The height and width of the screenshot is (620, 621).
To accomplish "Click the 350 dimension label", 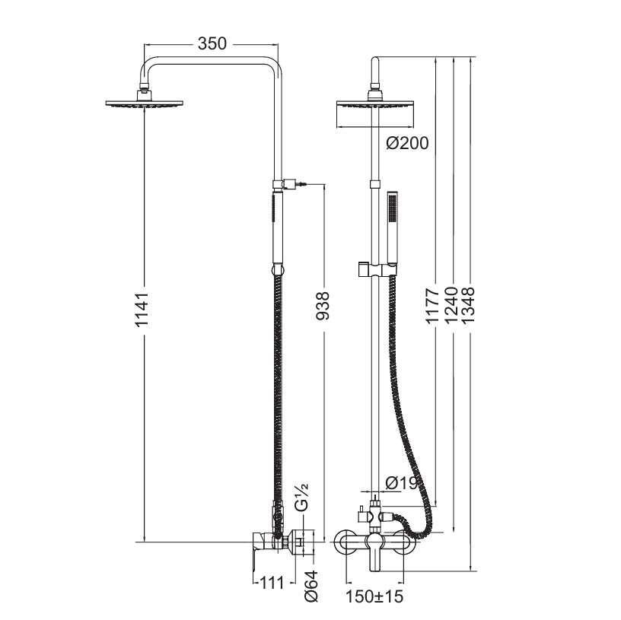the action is coord(212,43).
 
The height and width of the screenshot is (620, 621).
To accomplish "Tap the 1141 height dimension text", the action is coord(142,310).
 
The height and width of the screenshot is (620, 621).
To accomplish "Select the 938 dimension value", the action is coord(323,306).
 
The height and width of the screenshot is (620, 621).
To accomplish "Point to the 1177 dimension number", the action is coord(433,306).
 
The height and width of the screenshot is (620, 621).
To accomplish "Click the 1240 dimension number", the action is coord(451,306).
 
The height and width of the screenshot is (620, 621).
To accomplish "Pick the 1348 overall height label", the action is coord(469,306).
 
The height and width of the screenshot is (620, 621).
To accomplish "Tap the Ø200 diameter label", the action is coord(408,143).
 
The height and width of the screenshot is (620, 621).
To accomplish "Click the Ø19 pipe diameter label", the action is coord(402,483).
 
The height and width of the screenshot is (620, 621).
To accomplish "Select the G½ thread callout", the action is coord(302,499).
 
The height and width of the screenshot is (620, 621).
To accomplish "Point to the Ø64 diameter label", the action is coord(312,586).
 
